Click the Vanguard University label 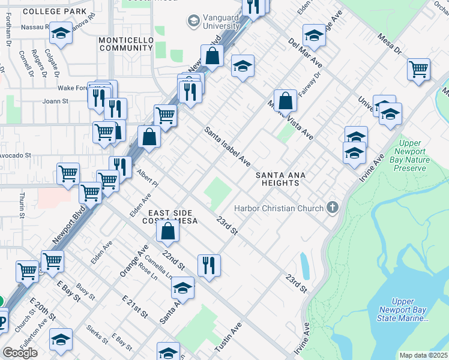[219, 22]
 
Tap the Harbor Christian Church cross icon [333, 208]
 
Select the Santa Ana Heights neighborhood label [281, 179]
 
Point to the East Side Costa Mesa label [170, 217]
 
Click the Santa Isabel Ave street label [227, 146]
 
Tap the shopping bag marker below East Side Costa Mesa [169, 231]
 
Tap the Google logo [20, 353]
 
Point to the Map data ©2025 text [423, 355]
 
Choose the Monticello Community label [125, 43]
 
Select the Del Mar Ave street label [305, 53]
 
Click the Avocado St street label [15, 155]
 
